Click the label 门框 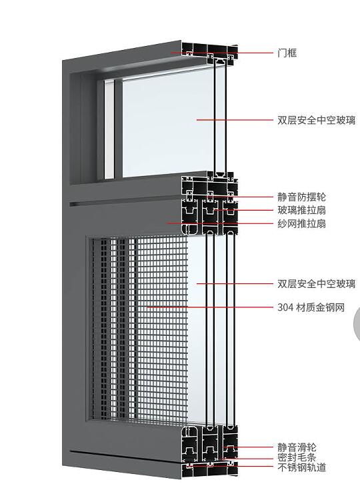click(287, 53)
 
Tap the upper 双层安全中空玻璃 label click(316, 121)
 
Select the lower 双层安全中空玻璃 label click(316, 283)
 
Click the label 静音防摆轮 click(301, 197)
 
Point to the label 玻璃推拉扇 click(301, 210)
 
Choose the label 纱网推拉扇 click(301, 223)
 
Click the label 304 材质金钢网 click(311, 307)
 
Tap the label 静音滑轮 click(297, 448)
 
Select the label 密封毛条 click(297, 457)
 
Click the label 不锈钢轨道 click(301, 467)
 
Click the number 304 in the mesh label click(285, 307)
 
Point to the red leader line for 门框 click(222, 53)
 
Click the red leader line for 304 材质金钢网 click(210, 307)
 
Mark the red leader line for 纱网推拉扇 click(220, 223)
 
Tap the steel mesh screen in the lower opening click(140, 330)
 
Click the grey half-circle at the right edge click(357, 324)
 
